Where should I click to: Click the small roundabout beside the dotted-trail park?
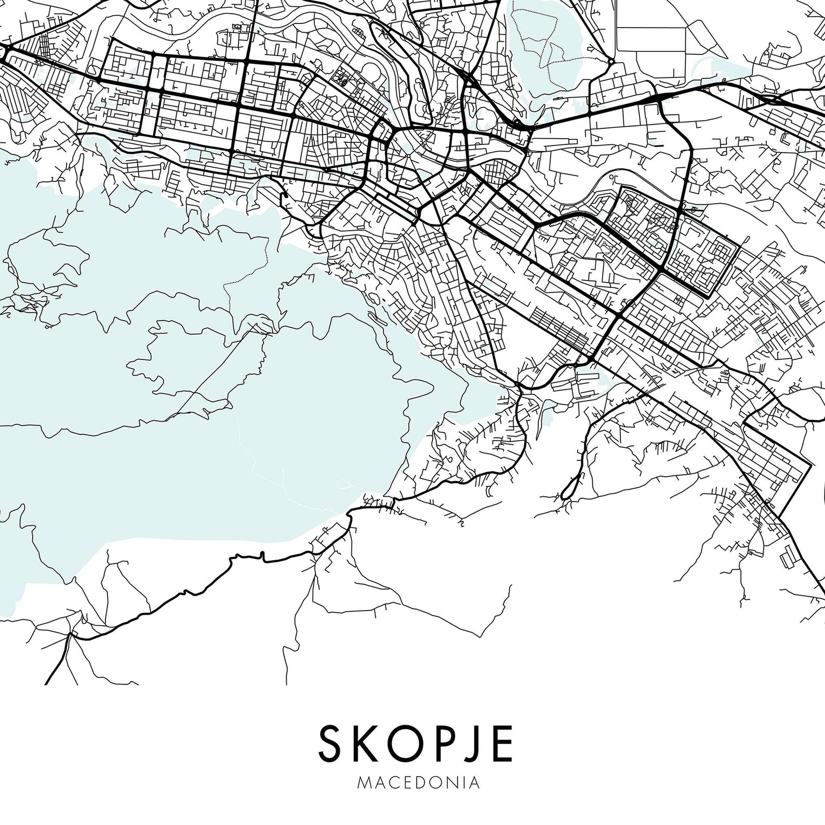click(x=611, y=62)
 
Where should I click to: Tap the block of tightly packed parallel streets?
click(x=558, y=325)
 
